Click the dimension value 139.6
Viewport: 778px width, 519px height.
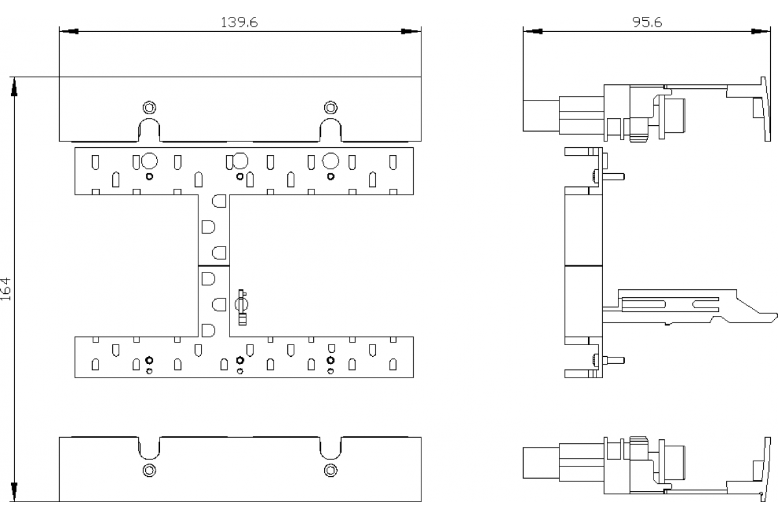click(x=240, y=22)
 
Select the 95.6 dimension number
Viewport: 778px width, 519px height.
click(x=646, y=22)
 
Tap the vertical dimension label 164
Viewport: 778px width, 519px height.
click(x=6, y=289)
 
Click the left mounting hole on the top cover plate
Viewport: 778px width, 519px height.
click(x=149, y=106)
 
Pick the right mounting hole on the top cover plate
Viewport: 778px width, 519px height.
click(x=331, y=106)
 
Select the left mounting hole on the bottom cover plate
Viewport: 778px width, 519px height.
click(x=149, y=470)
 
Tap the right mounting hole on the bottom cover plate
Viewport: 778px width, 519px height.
click(x=331, y=470)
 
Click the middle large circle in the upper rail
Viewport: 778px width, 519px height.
click(x=240, y=160)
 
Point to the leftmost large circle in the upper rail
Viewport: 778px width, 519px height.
click(x=149, y=160)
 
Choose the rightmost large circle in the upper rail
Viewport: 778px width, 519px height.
click(x=331, y=160)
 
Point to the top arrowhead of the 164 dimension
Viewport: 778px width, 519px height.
click(x=14, y=87)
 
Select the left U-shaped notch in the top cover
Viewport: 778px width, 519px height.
click(x=149, y=130)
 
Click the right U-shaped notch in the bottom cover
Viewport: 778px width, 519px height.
click(x=331, y=446)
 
